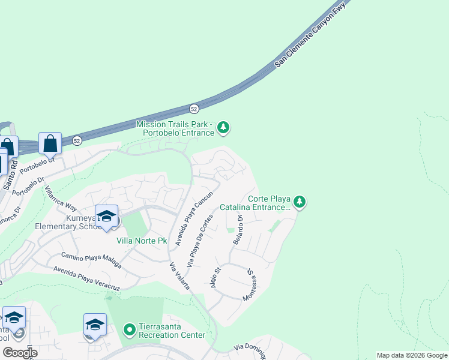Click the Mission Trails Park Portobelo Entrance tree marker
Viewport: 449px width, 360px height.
point(223,127)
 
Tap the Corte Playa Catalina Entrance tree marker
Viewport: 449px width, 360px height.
point(300,202)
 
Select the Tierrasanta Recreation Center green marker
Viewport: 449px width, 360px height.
point(129,329)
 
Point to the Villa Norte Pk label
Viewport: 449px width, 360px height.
point(142,241)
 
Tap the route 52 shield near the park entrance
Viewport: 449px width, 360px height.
point(193,109)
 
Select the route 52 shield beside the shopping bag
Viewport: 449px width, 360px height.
point(77,140)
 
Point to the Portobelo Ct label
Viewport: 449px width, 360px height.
point(37,165)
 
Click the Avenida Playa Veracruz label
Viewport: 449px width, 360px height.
point(86,277)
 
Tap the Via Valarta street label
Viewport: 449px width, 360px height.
point(179,277)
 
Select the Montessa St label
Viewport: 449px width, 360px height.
point(251,285)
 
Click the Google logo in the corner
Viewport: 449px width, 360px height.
point(19,353)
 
